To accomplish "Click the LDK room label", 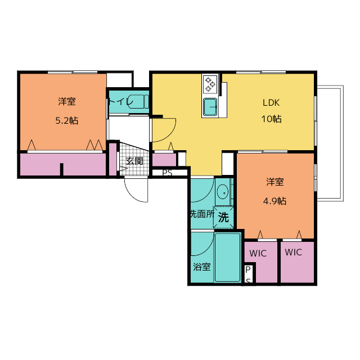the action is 271,102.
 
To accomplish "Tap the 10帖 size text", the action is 271,119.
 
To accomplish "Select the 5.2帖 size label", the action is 67,120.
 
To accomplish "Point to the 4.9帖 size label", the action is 274,201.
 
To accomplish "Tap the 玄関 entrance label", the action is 134,161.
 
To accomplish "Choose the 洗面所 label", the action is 202,214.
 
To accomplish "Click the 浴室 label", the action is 202,267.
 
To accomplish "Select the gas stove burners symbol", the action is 210,84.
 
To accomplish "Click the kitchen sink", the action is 210,107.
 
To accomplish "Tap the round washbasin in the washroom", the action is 223,192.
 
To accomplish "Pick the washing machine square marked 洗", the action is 223,218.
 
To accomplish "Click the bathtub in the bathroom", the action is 227,258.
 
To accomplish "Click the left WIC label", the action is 258,254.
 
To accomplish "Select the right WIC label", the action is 294,253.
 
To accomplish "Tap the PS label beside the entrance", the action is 168,173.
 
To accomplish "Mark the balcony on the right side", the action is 330,143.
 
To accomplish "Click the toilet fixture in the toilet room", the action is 139,101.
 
